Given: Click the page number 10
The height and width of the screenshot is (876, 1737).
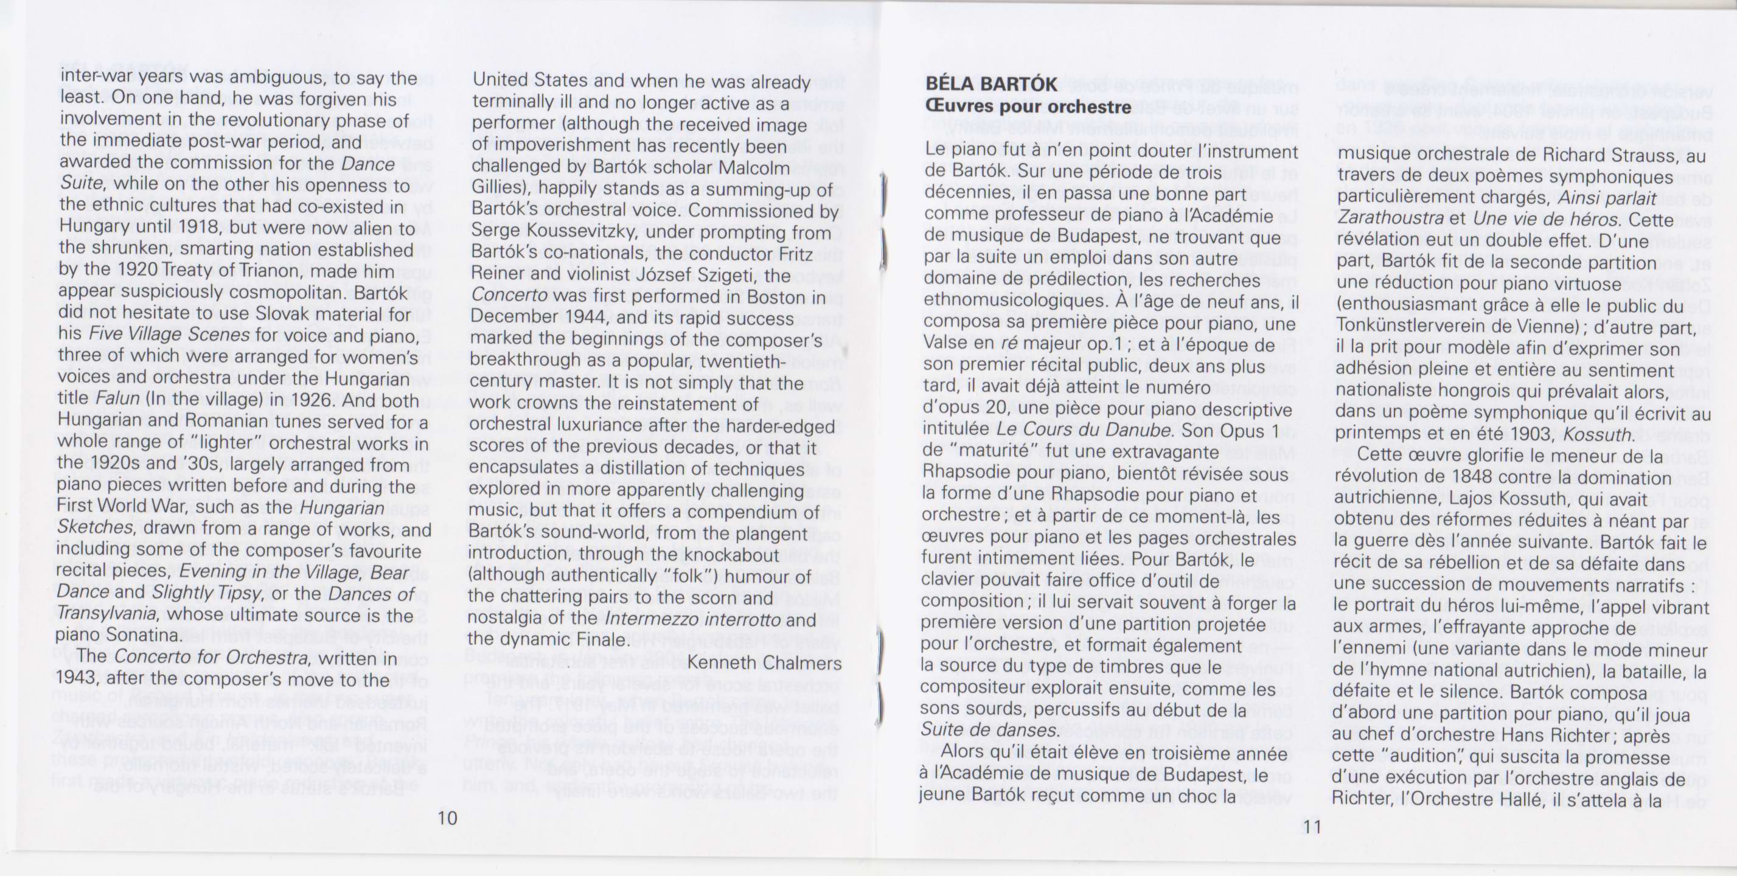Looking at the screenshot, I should [447, 818].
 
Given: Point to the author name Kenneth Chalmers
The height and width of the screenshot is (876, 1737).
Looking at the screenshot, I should [764, 663].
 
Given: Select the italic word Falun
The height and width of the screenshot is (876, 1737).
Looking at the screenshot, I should [117, 399].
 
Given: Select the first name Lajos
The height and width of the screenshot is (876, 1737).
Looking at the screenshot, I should [1461, 499].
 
